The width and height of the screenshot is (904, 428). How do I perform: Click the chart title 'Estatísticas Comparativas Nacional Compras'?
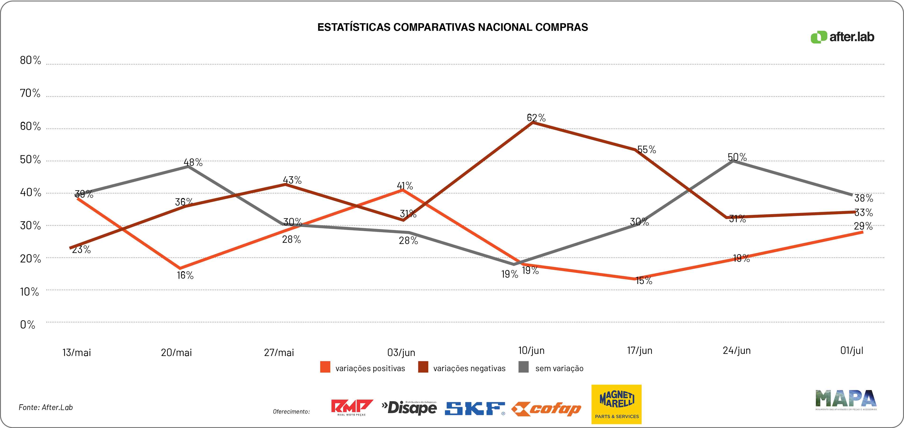(452, 27)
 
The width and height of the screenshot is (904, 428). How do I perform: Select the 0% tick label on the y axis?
(27, 325)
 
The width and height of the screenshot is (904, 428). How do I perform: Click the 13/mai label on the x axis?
(77, 352)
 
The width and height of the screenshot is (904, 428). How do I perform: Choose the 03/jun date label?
(401, 352)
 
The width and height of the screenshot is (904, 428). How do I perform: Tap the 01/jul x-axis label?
(852, 350)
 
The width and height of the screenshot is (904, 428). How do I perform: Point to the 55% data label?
(646, 150)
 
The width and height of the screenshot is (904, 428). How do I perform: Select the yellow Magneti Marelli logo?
(616, 404)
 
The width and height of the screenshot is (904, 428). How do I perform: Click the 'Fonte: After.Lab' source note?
(46, 407)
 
